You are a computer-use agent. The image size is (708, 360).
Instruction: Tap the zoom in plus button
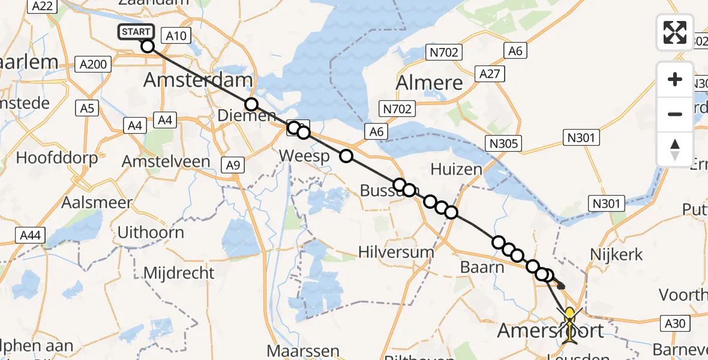(x=675, y=79)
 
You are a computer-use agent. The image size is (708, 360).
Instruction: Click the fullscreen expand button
(x=675, y=32)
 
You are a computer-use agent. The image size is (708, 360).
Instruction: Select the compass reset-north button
(x=675, y=149)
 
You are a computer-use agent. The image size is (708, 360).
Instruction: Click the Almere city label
(x=430, y=82)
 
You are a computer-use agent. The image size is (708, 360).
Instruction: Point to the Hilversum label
(x=395, y=252)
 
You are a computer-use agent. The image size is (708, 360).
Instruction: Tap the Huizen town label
(x=456, y=169)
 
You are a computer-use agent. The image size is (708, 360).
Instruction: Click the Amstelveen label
(x=166, y=161)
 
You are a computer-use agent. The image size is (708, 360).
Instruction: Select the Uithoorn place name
(x=151, y=232)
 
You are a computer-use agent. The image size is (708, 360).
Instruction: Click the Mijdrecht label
(x=179, y=273)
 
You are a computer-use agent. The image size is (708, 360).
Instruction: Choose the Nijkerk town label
(x=616, y=254)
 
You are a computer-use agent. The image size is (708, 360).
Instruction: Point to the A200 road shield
(x=94, y=64)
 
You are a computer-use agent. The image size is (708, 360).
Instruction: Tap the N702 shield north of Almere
(x=445, y=53)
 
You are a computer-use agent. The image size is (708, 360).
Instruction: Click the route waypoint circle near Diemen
(x=251, y=104)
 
